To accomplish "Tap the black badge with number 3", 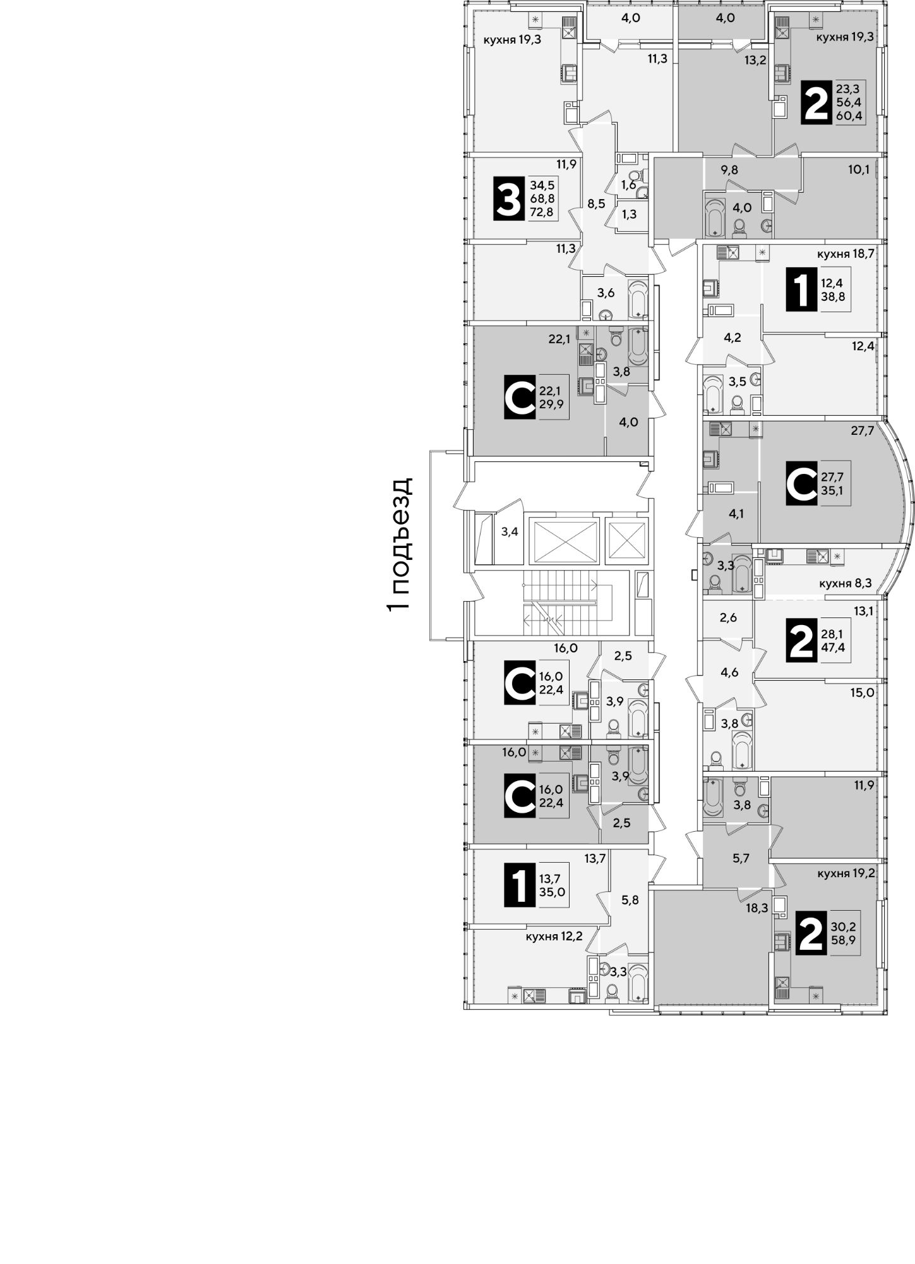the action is [x=508, y=199].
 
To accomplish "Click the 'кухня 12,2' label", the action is [x=554, y=936].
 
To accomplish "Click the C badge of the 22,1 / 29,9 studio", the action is [x=521, y=398].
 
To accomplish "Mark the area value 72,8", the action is [x=542, y=212].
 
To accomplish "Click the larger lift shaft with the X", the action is [x=563, y=539].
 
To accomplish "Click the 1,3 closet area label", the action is [x=629, y=214].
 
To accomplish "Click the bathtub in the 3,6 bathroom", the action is [x=637, y=301].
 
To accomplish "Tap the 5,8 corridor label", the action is [x=630, y=899].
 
